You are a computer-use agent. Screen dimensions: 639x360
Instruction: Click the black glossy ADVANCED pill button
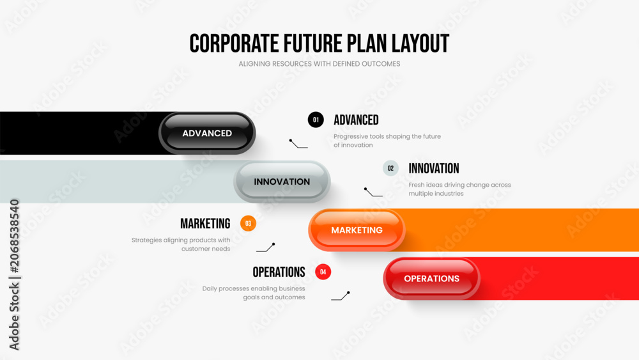207,133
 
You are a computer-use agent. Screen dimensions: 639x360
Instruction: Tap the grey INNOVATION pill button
282,182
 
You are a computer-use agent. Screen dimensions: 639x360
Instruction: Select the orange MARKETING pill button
357,230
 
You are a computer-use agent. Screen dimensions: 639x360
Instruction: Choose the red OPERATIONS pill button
432,278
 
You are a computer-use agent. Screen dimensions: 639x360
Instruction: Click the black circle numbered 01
316,120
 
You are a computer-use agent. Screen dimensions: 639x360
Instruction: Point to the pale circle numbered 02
390,168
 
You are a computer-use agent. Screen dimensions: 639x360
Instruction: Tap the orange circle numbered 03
248,223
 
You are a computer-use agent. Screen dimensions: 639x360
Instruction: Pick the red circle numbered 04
323,272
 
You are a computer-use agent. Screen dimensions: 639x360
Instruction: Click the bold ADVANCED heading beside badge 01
356,120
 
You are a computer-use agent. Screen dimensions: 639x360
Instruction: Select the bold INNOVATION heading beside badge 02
434,168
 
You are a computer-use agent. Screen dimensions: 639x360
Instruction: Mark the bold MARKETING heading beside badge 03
205,223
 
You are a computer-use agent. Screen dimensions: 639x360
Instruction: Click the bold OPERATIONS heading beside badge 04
279,272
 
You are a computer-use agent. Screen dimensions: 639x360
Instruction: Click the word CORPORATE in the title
235,43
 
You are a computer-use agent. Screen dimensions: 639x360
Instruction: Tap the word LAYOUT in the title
420,43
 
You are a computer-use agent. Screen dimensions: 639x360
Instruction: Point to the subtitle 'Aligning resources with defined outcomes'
319,63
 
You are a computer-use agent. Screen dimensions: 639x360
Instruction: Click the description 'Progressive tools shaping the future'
387,137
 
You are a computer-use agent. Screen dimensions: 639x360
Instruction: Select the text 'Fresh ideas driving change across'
459,185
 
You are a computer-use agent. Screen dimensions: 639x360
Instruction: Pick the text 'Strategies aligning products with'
181,240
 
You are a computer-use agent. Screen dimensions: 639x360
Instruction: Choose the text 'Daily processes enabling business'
254,288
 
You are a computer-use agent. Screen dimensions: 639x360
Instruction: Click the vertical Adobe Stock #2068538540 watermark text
14,274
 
